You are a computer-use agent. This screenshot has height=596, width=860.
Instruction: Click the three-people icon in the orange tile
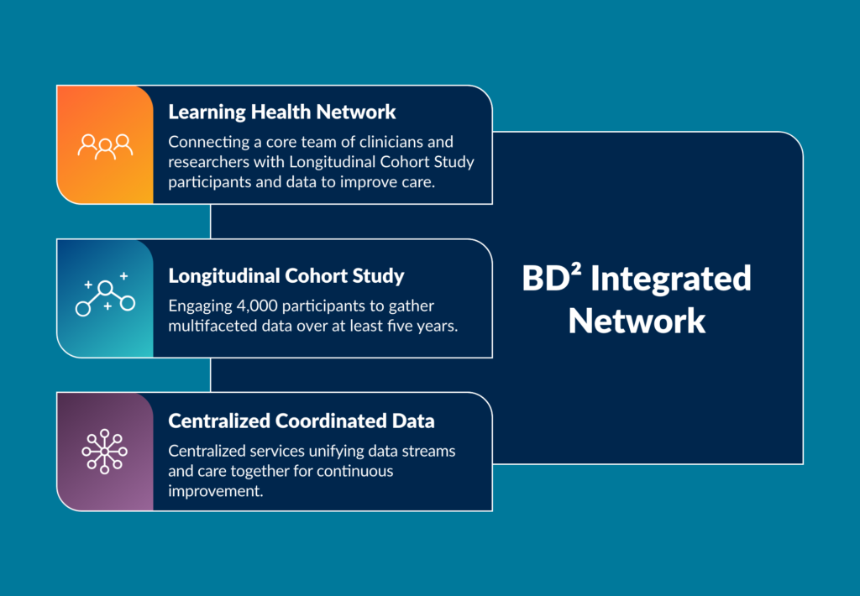[105, 146]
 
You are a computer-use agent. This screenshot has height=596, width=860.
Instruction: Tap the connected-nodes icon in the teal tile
[105, 295]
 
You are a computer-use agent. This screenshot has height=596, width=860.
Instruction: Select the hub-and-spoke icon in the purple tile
[105, 452]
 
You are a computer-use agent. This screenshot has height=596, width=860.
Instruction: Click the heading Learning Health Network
[282, 112]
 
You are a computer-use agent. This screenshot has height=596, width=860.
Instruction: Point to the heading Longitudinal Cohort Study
[286, 276]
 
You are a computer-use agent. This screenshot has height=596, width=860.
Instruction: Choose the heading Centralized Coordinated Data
[302, 421]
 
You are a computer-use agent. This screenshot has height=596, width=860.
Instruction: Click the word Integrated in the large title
[671, 279]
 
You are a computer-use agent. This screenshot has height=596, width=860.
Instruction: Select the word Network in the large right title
[637, 321]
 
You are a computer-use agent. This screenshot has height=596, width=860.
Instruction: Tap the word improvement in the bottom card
[216, 491]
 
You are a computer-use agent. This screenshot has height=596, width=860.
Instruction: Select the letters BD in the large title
[546, 279]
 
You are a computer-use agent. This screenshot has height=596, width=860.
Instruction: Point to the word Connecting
[209, 142]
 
